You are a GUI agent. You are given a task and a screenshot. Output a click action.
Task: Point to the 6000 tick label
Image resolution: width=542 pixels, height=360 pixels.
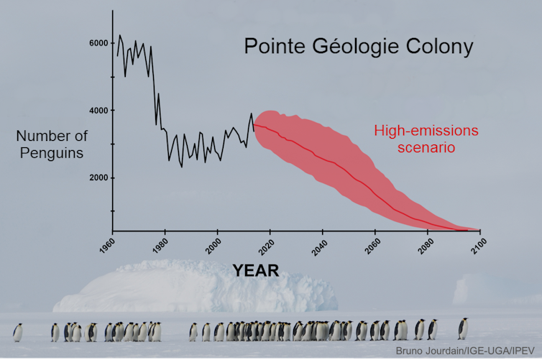(98, 43)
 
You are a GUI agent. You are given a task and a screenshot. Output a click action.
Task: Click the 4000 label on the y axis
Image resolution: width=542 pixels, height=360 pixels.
(98, 111)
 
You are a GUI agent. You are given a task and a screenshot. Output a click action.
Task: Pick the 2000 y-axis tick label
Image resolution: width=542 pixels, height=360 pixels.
(98, 177)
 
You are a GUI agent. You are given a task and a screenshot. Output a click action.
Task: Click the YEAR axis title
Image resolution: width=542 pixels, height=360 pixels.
(255, 270)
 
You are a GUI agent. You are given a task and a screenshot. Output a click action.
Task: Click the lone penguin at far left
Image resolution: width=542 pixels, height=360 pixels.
(17, 332)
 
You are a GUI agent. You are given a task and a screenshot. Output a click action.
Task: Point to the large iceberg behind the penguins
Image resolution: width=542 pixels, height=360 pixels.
(144, 289)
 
